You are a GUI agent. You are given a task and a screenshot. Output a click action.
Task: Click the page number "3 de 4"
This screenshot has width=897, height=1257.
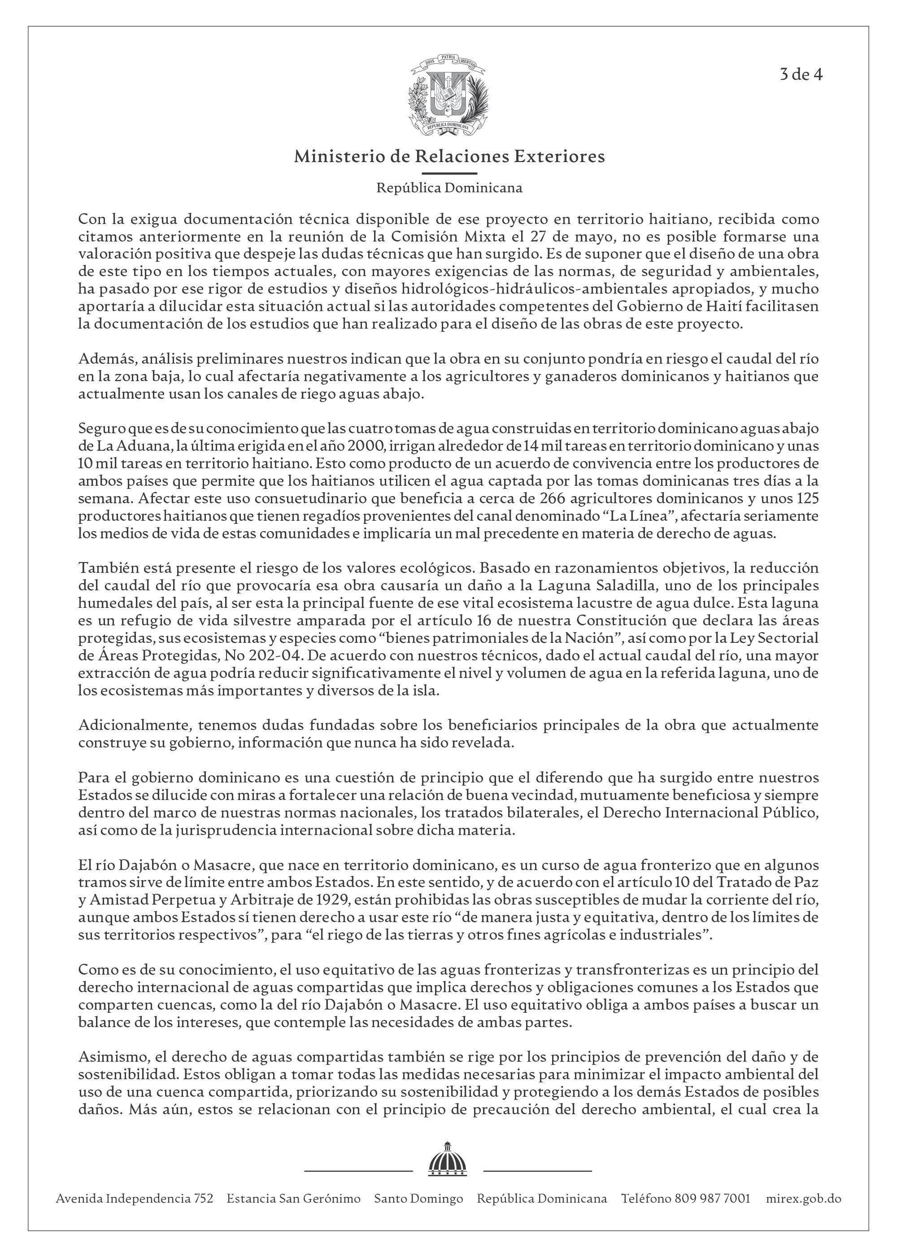801,75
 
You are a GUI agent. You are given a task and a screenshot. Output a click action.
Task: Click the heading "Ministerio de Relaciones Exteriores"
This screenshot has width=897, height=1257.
448,156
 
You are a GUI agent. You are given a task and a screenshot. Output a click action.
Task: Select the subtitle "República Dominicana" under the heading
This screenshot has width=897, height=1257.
448,188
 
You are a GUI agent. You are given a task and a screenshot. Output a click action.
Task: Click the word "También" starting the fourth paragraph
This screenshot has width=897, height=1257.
105,568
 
